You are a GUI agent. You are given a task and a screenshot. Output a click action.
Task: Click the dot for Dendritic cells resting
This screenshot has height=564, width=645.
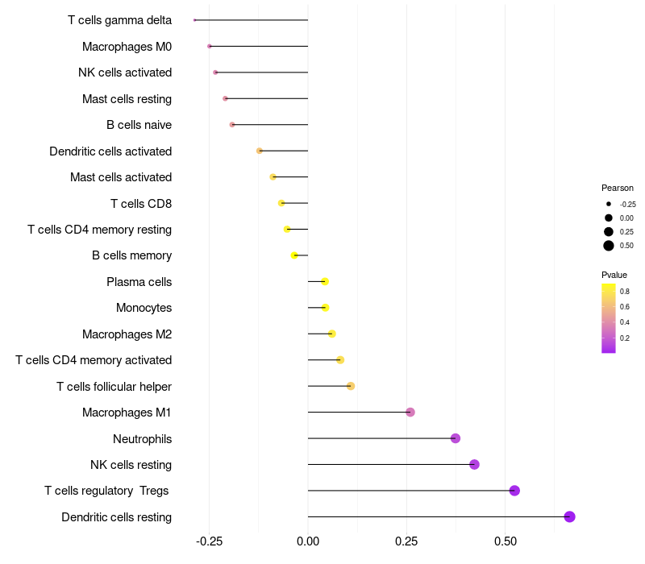coord(569,516)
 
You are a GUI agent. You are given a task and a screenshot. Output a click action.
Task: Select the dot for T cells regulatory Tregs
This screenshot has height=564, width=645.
coord(514,491)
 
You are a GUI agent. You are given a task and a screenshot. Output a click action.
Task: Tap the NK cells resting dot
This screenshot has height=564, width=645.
coord(474,464)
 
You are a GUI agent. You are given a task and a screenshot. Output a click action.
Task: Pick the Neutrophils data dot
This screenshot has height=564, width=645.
coord(456,438)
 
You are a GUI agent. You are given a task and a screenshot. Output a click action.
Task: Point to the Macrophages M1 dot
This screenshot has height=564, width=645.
coord(410,413)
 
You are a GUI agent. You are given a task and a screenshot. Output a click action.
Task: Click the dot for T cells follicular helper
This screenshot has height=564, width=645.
coord(351,386)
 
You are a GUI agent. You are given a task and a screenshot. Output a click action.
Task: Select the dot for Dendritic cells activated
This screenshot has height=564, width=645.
coord(260,151)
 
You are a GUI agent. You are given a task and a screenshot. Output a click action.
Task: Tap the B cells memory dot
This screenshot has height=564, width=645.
coord(294,255)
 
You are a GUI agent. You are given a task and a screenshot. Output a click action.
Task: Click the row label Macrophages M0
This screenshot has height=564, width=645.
coord(127,47)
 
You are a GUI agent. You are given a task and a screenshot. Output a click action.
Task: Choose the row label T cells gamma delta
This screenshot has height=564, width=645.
coord(119,20)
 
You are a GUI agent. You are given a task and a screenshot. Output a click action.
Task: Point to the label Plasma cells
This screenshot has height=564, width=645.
coord(139,282)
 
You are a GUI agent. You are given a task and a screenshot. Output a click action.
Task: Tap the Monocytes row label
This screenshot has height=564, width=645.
coord(144,308)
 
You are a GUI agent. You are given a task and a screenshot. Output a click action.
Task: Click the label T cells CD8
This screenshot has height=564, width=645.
coord(141,203)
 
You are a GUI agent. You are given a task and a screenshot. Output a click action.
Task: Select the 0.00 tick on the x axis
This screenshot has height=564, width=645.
coord(308,541)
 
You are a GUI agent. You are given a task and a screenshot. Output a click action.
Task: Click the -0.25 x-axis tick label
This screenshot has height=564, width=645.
coord(209,541)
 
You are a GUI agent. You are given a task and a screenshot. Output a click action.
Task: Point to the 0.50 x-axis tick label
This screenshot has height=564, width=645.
coord(505,541)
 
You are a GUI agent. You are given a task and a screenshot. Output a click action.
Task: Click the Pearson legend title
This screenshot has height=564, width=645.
coord(618,188)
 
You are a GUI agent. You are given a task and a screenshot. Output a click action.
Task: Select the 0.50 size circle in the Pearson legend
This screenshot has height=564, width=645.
coord(609,246)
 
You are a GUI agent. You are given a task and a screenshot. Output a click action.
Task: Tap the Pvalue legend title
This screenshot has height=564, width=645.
coord(614,275)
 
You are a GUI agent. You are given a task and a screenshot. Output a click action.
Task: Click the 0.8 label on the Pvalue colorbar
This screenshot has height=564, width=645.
coord(625,291)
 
